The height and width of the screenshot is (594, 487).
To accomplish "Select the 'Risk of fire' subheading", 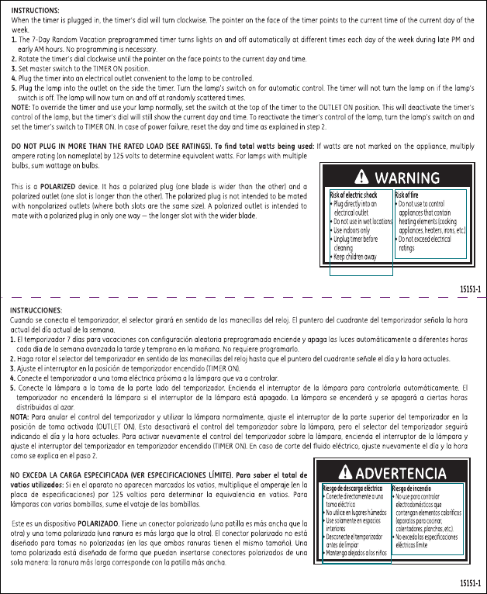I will click(x=411, y=195).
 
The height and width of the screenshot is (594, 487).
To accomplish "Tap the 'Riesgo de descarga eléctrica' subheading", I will click(x=355, y=489).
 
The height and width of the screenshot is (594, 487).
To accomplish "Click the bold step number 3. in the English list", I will click(x=15, y=67).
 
